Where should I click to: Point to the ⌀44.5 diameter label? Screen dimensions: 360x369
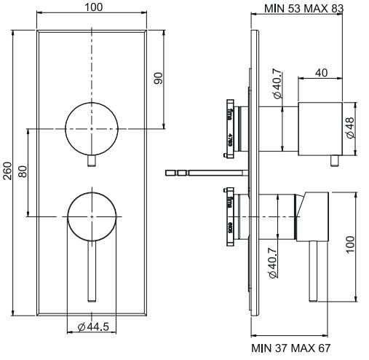pyautogui.click(x=92, y=326)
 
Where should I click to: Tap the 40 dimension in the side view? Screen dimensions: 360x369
pyautogui.click(x=322, y=73)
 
